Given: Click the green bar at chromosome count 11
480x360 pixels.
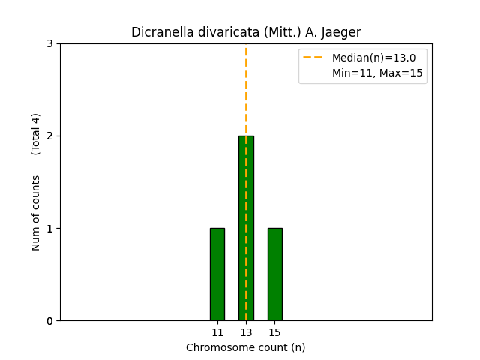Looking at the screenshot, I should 217,274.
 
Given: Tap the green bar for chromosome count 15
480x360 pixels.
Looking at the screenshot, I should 274,274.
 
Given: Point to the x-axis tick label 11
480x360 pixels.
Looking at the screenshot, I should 217,332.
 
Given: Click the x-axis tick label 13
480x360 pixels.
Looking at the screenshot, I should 246,332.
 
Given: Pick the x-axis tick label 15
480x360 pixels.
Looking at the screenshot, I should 274,332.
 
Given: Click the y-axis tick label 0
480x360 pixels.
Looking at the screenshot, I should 49,321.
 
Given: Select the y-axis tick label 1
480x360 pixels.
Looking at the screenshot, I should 49,229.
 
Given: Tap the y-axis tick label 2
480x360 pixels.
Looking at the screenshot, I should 49,136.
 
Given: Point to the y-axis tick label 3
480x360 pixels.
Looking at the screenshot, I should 49,44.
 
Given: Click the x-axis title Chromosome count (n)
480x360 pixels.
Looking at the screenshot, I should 246,347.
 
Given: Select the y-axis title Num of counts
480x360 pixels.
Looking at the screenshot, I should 36,213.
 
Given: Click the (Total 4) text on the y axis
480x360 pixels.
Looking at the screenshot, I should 36,134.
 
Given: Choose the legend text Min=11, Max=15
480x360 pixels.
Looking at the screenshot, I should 377,73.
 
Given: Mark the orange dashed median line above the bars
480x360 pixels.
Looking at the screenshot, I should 246,90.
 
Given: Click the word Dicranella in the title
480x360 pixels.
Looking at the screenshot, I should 160,32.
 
